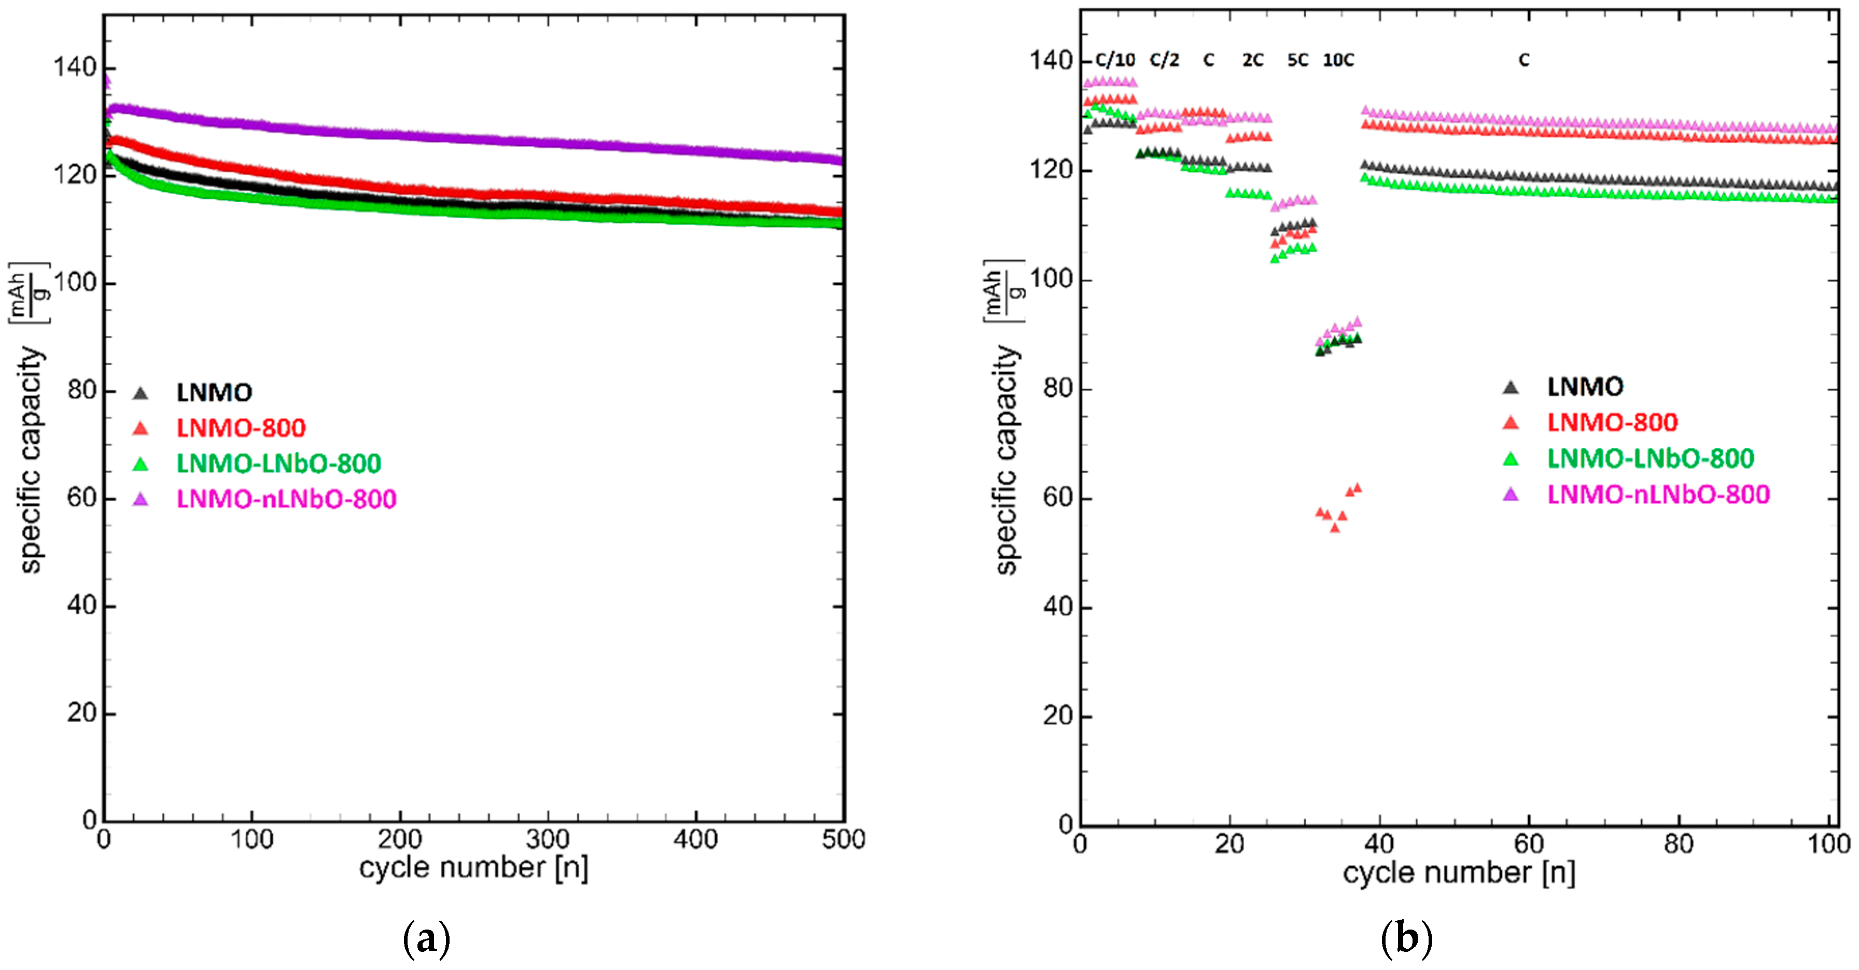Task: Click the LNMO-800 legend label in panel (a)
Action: (241, 428)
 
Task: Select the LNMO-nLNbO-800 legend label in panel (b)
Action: (1658, 495)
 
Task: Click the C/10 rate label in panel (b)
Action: (1115, 60)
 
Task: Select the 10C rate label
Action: (1338, 60)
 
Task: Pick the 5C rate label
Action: (1297, 60)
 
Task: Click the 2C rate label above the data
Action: (1253, 60)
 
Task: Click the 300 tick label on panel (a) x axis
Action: (547, 839)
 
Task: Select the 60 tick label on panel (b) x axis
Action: (1529, 844)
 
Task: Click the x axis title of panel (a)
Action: (473, 867)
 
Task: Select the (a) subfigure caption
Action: (426, 938)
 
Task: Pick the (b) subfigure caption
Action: (1406, 938)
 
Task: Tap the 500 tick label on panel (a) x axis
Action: (843, 839)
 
